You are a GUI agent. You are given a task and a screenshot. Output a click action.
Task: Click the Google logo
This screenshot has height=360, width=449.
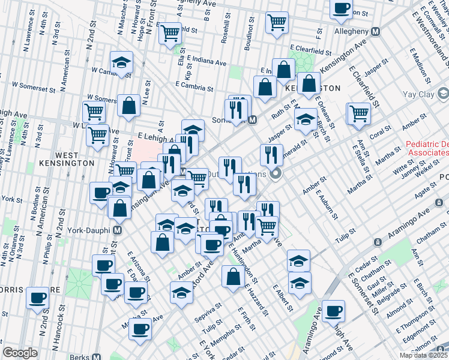(20, 353)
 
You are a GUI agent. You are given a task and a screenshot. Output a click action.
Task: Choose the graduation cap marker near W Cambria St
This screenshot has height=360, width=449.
(121, 62)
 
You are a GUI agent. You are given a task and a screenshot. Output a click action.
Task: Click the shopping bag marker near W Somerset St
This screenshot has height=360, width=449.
(128, 106)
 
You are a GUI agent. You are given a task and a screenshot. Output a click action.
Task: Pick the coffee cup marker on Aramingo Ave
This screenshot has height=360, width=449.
(333, 311)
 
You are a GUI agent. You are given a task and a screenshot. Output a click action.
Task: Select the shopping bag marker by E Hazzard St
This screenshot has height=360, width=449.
(233, 277)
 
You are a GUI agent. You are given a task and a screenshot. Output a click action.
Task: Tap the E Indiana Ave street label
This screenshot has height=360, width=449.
(206, 61)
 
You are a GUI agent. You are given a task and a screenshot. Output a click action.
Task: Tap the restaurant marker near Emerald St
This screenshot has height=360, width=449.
(271, 155)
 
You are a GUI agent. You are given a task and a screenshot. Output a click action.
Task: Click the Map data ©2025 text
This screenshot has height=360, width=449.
(422, 355)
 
